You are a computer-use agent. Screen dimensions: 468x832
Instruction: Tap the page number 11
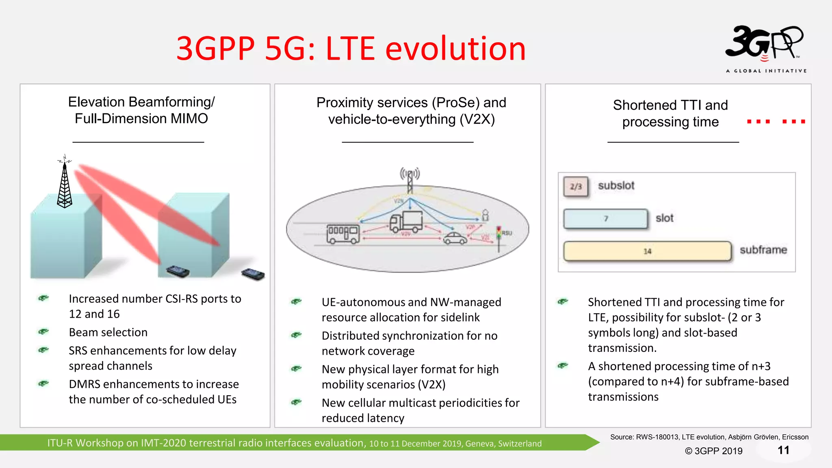pos(783,450)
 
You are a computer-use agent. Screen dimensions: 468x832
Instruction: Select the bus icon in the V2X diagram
pos(343,234)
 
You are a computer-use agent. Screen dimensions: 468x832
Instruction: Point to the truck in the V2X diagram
pos(406,221)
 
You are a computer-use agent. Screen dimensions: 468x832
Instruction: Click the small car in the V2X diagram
pos(455,238)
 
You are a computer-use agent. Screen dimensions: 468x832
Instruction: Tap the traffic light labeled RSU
pos(499,238)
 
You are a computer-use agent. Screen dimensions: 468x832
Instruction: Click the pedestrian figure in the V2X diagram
pos(485,215)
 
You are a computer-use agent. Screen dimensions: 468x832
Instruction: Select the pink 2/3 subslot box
pos(576,186)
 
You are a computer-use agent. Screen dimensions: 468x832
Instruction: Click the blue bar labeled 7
pos(605,219)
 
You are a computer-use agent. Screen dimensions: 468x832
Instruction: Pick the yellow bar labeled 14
pos(647,251)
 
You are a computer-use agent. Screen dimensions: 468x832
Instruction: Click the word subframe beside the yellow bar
pos(763,250)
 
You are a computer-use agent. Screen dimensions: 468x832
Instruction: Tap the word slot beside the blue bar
pos(664,218)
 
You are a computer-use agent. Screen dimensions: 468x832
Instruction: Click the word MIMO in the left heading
pos(189,119)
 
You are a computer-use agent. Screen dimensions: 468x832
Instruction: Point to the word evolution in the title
pos(455,49)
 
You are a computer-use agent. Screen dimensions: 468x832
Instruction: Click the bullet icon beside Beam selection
pos(43,331)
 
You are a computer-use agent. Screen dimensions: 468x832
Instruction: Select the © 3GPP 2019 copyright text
pos(713,451)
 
